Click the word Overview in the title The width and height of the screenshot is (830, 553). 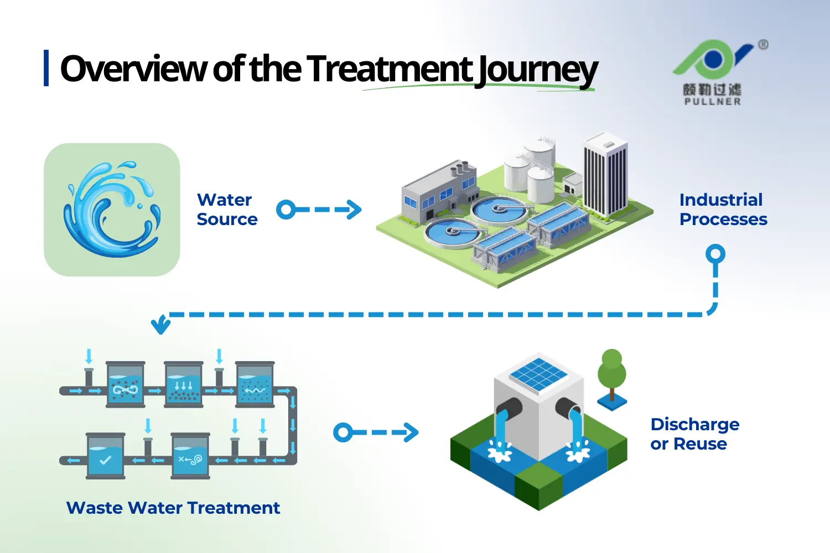[133, 69]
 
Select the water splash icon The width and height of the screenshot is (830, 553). [112, 210]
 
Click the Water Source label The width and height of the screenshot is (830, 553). [227, 210]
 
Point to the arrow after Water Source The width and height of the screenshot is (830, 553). [319, 210]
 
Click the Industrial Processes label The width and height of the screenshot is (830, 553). [723, 210]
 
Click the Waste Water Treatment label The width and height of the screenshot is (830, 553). [173, 508]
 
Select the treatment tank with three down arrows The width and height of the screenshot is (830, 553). [184, 385]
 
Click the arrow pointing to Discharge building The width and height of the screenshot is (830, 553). [376, 432]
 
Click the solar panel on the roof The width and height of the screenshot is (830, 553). [537, 374]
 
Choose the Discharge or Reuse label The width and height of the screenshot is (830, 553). [694, 434]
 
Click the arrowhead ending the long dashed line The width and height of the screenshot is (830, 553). [161, 326]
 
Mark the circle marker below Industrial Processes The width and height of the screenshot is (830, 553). [715, 254]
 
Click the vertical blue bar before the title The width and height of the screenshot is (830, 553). [46, 68]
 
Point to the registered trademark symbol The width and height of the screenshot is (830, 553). [763, 45]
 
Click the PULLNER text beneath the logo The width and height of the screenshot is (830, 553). [712, 102]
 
